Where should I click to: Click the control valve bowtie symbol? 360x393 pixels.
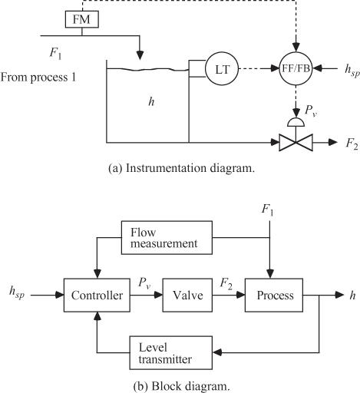tap(296, 143)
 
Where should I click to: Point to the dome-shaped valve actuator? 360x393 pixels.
tap(296, 123)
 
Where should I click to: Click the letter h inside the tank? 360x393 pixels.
tap(151, 102)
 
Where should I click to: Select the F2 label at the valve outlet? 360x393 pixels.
tap(352, 144)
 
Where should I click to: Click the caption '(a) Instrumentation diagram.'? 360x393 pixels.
tap(182, 168)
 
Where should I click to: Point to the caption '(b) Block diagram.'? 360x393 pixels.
tap(182, 386)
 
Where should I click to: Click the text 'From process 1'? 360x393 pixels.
tap(38, 77)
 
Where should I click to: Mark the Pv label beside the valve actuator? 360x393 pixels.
tap(311, 111)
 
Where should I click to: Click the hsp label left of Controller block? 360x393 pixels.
tap(17, 292)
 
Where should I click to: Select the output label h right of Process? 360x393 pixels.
tap(353, 296)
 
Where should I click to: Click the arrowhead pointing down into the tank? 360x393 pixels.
tap(140, 55)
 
